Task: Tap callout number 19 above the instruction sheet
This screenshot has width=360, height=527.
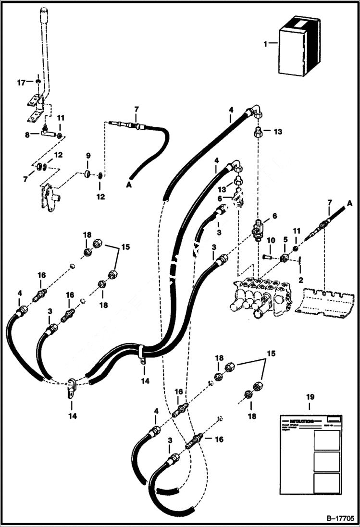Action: [x=310, y=397]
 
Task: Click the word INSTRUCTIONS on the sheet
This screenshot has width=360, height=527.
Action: [x=300, y=419]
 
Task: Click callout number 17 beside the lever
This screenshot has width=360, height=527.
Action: [x=22, y=83]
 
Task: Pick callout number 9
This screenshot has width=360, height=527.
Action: [x=88, y=156]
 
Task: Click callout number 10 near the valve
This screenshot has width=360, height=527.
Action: [x=271, y=240]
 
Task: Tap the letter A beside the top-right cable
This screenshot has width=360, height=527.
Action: [x=349, y=204]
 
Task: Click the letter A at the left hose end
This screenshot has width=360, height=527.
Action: [x=128, y=184]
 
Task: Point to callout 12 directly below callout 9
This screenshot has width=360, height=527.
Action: [x=101, y=196]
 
